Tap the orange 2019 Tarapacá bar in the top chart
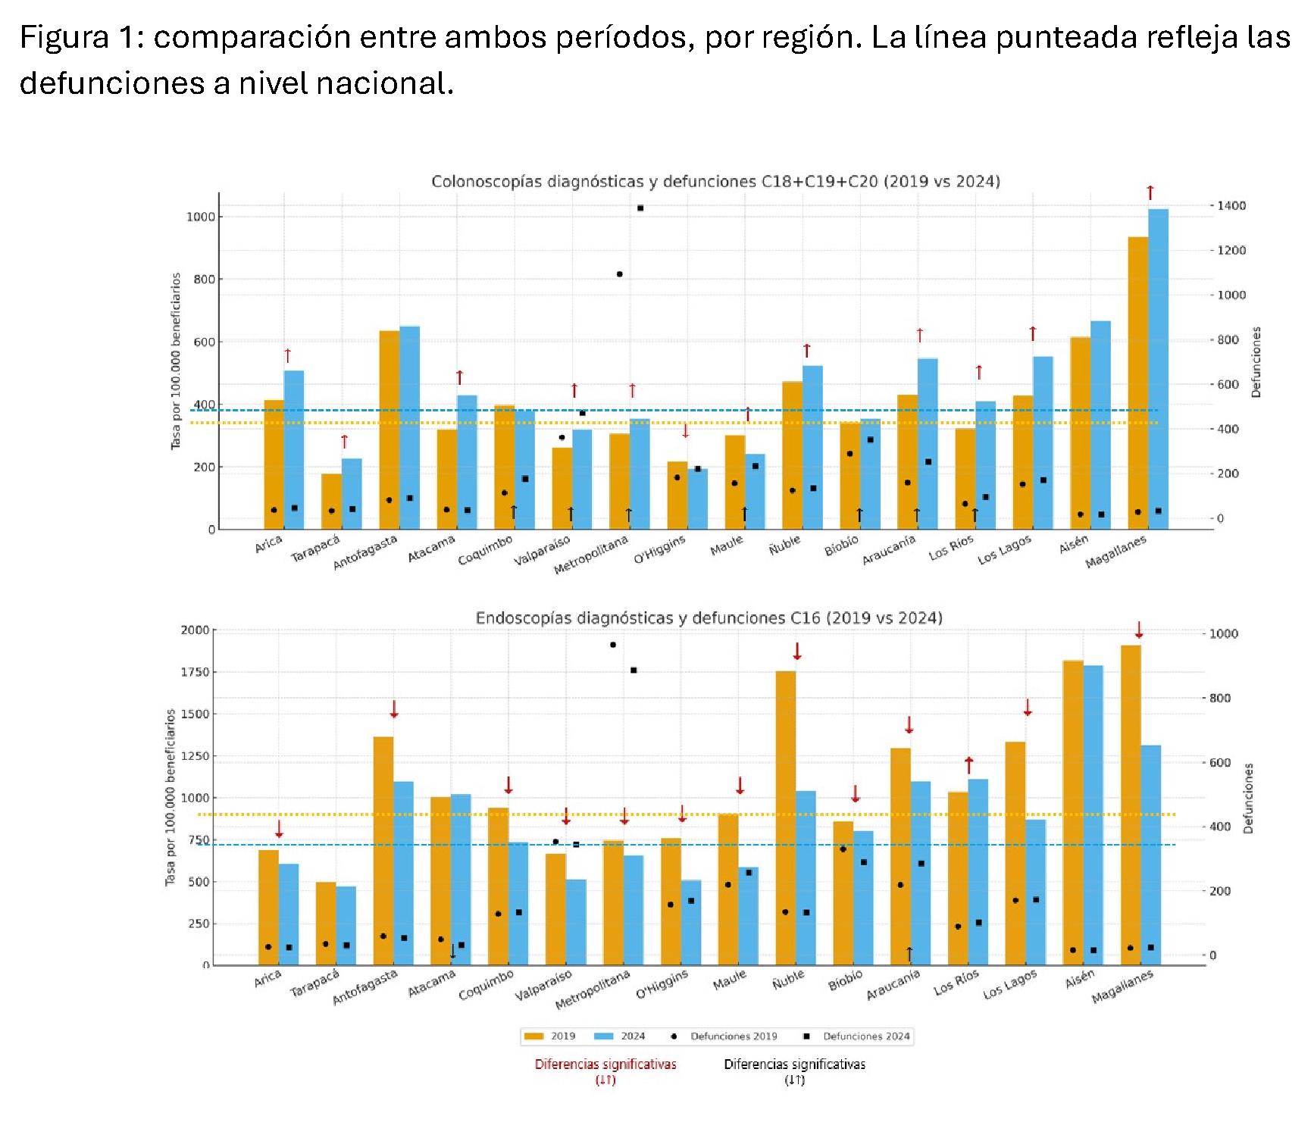point(331,501)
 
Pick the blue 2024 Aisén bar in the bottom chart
point(1093,814)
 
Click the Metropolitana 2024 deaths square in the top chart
point(640,208)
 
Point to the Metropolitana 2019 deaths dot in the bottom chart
point(613,645)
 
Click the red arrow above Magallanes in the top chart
point(1150,192)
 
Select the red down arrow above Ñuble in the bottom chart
point(796,651)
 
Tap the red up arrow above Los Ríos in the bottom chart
point(968,764)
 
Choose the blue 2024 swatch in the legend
point(604,1036)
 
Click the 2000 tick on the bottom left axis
point(195,630)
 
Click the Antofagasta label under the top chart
point(365,552)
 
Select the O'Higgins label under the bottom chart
point(662,984)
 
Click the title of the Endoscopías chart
point(709,618)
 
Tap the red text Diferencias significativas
point(605,1064)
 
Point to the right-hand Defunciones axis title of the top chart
point(1256,362)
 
